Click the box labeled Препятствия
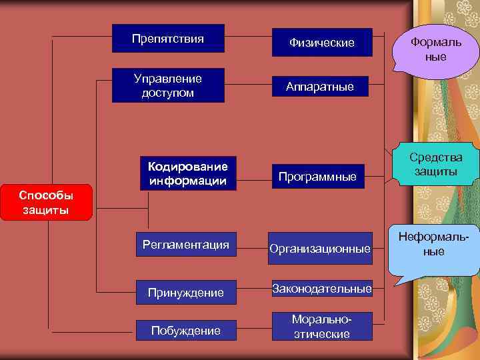coord(168,39)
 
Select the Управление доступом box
coord(168,85)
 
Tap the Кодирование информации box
coord(187,173)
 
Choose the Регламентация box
coord(185,245)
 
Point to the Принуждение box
coord(185,292)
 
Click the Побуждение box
coord(185,330)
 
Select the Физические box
coord(321,43)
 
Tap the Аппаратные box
coord(320,86)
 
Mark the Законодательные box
coord(321,289)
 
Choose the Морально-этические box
coord(322,327)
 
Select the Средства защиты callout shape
coord(436,165)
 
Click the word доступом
coord(168,93)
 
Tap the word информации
coord(187,181)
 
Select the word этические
coord(322,334)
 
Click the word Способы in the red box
coord(45,196)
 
